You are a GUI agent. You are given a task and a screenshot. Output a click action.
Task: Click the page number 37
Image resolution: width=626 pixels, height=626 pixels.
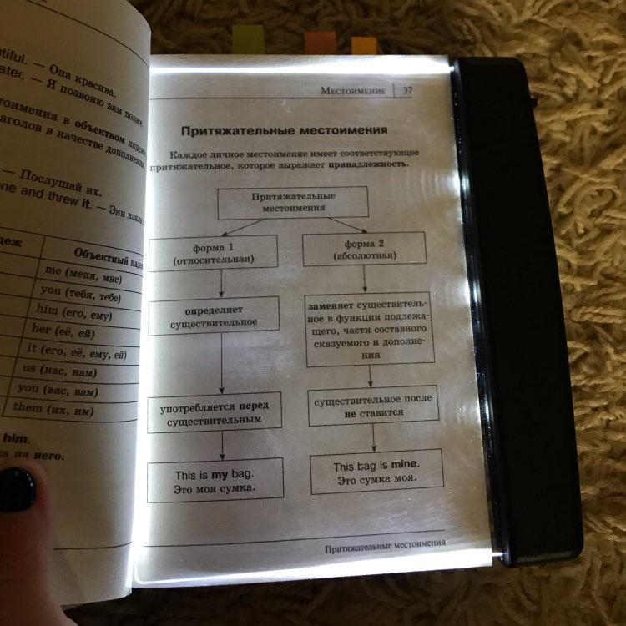click(x=408, y=91)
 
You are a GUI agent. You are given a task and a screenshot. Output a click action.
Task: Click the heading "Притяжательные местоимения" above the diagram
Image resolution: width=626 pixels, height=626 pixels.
click(x=285, y=131)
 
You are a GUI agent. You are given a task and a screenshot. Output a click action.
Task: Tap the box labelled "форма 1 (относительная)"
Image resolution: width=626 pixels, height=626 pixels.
click(x=213, y=253)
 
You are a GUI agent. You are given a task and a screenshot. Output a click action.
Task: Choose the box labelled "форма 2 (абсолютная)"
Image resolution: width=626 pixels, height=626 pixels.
click(x=364, y=249)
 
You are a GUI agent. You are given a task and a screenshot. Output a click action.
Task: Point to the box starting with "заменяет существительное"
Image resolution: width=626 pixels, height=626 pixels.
click(x=369, y=330)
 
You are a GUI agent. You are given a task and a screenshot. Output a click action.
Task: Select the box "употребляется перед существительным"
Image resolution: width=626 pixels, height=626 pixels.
click(x=214, y=413)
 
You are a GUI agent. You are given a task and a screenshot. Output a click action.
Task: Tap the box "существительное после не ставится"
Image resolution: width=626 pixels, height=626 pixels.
click(x=372, y=406)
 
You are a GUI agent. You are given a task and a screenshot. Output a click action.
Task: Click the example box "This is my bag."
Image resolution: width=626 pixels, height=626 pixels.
click(x=215, y=480)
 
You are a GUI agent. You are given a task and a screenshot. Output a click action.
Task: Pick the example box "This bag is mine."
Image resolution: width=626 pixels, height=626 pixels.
click(x=376, y=472)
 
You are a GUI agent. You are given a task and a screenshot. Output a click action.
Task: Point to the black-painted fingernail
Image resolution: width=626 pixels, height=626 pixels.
click(x=17, y=489)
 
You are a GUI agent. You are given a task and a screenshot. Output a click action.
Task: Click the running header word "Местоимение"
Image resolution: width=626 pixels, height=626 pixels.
click(x=353, y=90)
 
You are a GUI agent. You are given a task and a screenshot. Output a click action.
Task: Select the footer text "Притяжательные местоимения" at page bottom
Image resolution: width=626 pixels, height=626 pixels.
click(x=385, y=543)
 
